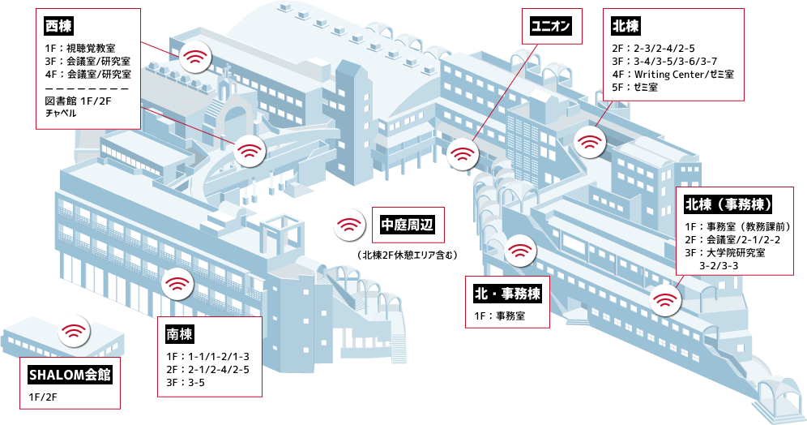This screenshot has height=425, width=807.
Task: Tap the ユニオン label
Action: pyautogui.click(x=551, y=26)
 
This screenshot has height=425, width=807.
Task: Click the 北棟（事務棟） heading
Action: pyautogui.click(x=728, y=203)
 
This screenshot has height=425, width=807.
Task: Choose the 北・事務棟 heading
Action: pyautogui.click(x=507, y=292)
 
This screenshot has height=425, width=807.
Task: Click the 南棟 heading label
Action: pyautogui.click(x=180, y=334)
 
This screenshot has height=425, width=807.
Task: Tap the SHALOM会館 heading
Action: pyautogui.click(x=70, y=375)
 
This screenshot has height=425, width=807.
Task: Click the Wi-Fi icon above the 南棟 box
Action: pyautogui.click(x=177, y=285)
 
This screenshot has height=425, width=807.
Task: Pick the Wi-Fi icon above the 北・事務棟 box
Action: pyautogui.click(x=518, y=249)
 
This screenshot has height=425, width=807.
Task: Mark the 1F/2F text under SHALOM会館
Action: pyautogui.click(x=43, y=397)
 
